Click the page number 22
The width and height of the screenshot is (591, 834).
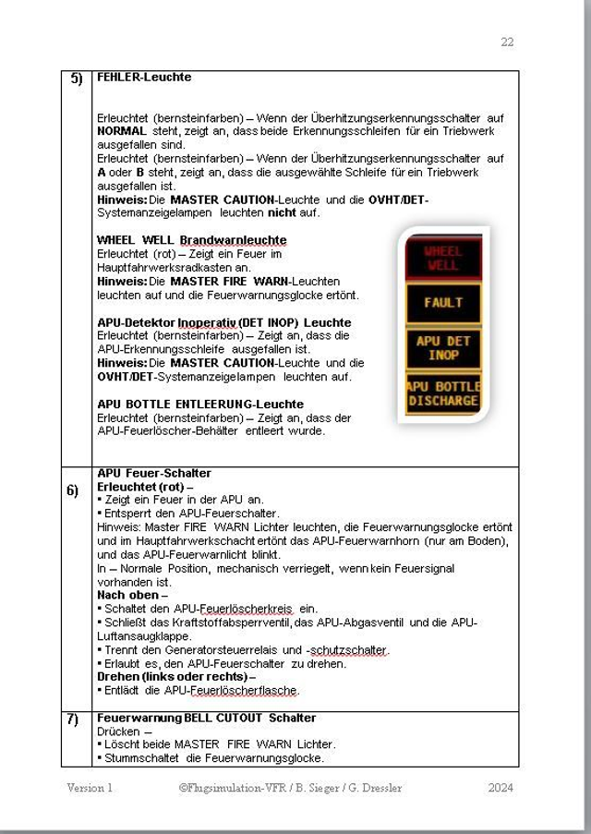tap(507, 42)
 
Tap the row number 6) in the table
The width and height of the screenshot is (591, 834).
tap(73, 490)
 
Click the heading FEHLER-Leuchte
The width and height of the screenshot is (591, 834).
tap(144, 77)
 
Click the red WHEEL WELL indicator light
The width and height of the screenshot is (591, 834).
tap(442, 258)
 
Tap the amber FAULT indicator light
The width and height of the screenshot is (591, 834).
tap(443, 303)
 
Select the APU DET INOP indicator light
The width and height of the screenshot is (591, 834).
tap(443, 347)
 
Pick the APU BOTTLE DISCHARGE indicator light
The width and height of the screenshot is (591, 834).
tap(443, 393)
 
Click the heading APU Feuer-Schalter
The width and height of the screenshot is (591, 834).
tap(154, 473)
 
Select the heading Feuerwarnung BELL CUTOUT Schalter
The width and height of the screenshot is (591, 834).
tap(206, 718)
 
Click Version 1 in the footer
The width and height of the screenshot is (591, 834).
tap(90, 788)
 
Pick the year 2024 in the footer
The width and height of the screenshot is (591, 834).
tap(501, 788)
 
